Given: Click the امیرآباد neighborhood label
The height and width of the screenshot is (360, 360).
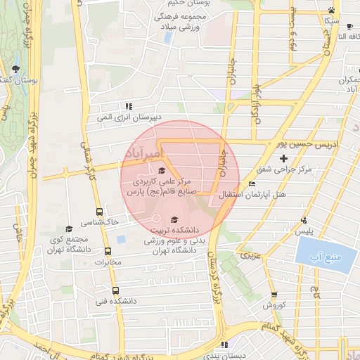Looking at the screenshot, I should tap(143, 153).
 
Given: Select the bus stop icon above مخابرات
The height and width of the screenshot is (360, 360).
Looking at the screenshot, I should tap(108, 251).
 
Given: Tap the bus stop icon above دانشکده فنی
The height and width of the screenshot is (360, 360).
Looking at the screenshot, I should tap(115, 290).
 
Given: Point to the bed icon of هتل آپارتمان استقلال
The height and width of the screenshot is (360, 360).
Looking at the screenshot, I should tap(252, 184).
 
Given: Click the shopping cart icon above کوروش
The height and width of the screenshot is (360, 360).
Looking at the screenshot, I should tap(274, 295).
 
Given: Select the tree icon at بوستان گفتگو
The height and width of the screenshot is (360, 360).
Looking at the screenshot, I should tap(15, 69).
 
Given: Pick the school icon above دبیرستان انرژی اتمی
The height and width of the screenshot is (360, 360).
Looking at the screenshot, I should tap(128, 106).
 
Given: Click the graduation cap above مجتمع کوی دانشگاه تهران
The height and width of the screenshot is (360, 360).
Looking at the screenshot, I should tap(68, 229).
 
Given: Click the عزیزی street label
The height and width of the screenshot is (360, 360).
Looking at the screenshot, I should tap(250, 255).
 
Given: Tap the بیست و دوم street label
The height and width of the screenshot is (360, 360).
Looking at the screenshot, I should tap(293, 28).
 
